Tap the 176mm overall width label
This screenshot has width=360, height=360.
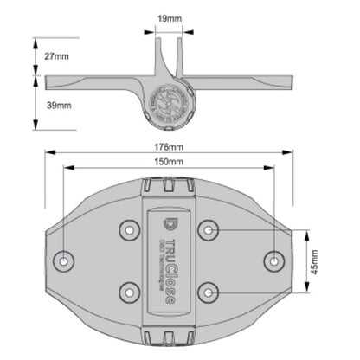coord(169,149)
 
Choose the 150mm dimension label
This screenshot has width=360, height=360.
coord(169,162)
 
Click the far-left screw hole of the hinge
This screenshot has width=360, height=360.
coord(64,260)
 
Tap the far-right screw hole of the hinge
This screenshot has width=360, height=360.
coord(274,260)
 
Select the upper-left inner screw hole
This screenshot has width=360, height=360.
coord(130,229)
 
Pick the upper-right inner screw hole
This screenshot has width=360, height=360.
coord(208,229)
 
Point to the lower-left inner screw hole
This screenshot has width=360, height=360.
coord(130,292)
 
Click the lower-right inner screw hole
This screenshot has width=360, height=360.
coord(208,292)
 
